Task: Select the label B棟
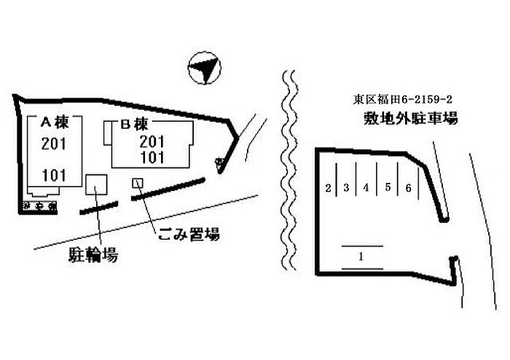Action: (x=134, y=124)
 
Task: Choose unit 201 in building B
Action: (x=151, y=142)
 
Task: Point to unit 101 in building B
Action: (x=151, y=157)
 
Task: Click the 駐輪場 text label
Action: (x=94, y=255)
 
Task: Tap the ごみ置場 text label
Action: (x=188, y=235)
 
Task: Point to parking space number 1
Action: (x=361, y=257)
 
